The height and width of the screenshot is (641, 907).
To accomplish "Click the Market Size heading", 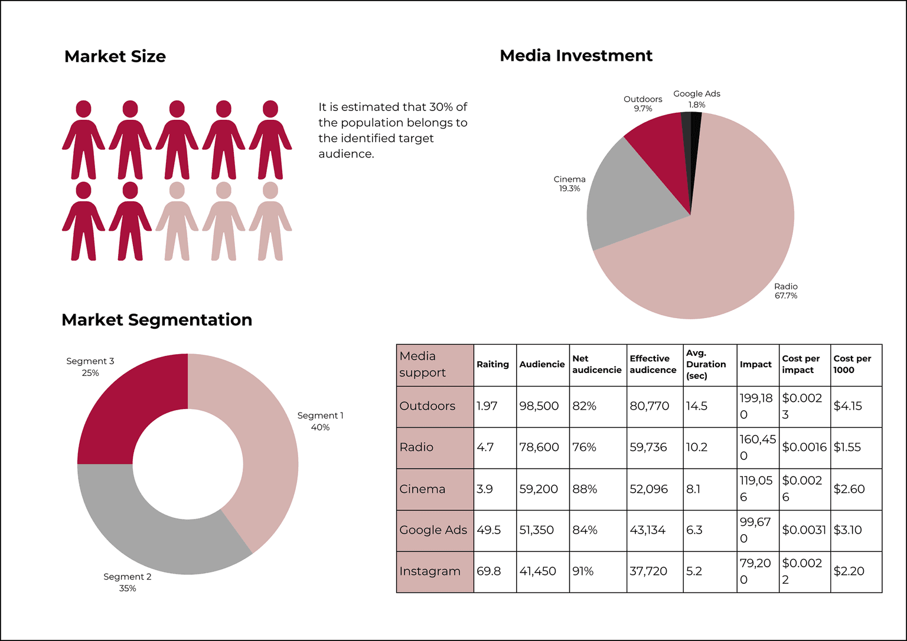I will point(115,57).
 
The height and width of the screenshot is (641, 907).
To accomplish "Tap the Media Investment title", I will point(576,55).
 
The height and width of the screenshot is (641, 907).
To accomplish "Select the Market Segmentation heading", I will point(156,320).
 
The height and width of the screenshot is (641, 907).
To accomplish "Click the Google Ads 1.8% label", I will point(697,99).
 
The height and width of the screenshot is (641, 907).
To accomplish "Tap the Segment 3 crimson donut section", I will point(124,407).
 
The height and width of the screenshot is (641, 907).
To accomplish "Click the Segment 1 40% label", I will point(320,421).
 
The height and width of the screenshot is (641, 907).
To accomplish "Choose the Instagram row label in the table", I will point(430,571).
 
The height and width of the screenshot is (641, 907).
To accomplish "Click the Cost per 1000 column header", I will point(852,364).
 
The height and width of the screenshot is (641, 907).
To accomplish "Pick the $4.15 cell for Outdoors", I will point(848,406).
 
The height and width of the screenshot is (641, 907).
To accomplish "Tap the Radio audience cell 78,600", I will point(539,447).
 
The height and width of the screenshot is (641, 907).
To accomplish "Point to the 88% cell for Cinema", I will point(585,489).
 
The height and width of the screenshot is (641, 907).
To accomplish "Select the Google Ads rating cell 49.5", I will point(489,530).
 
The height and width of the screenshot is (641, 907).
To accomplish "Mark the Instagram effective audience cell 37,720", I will point(648,571).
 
